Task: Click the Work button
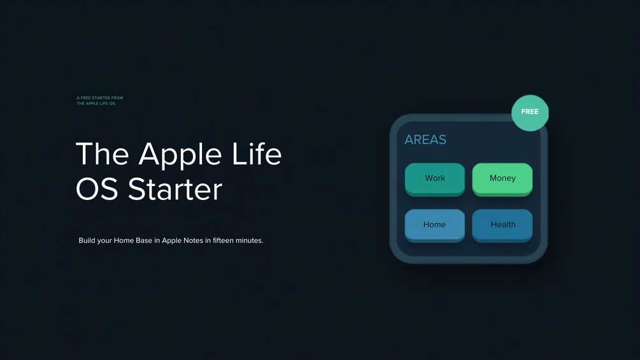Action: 435,179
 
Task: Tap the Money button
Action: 502,179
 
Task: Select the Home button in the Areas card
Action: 435,226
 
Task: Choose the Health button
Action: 502,226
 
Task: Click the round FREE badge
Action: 530,113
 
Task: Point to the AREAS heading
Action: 425,140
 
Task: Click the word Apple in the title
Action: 180,155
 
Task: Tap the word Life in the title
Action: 257,154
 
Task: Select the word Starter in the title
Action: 175,189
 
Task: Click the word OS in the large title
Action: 97,189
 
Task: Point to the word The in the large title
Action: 103,154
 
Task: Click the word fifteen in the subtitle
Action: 224,240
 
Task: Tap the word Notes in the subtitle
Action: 193,240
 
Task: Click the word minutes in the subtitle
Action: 250,240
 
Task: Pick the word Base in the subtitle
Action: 144,240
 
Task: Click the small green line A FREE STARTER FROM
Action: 99,98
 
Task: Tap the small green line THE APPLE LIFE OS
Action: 96,104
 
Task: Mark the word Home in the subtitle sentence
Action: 124,240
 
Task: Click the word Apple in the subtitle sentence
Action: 171,241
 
